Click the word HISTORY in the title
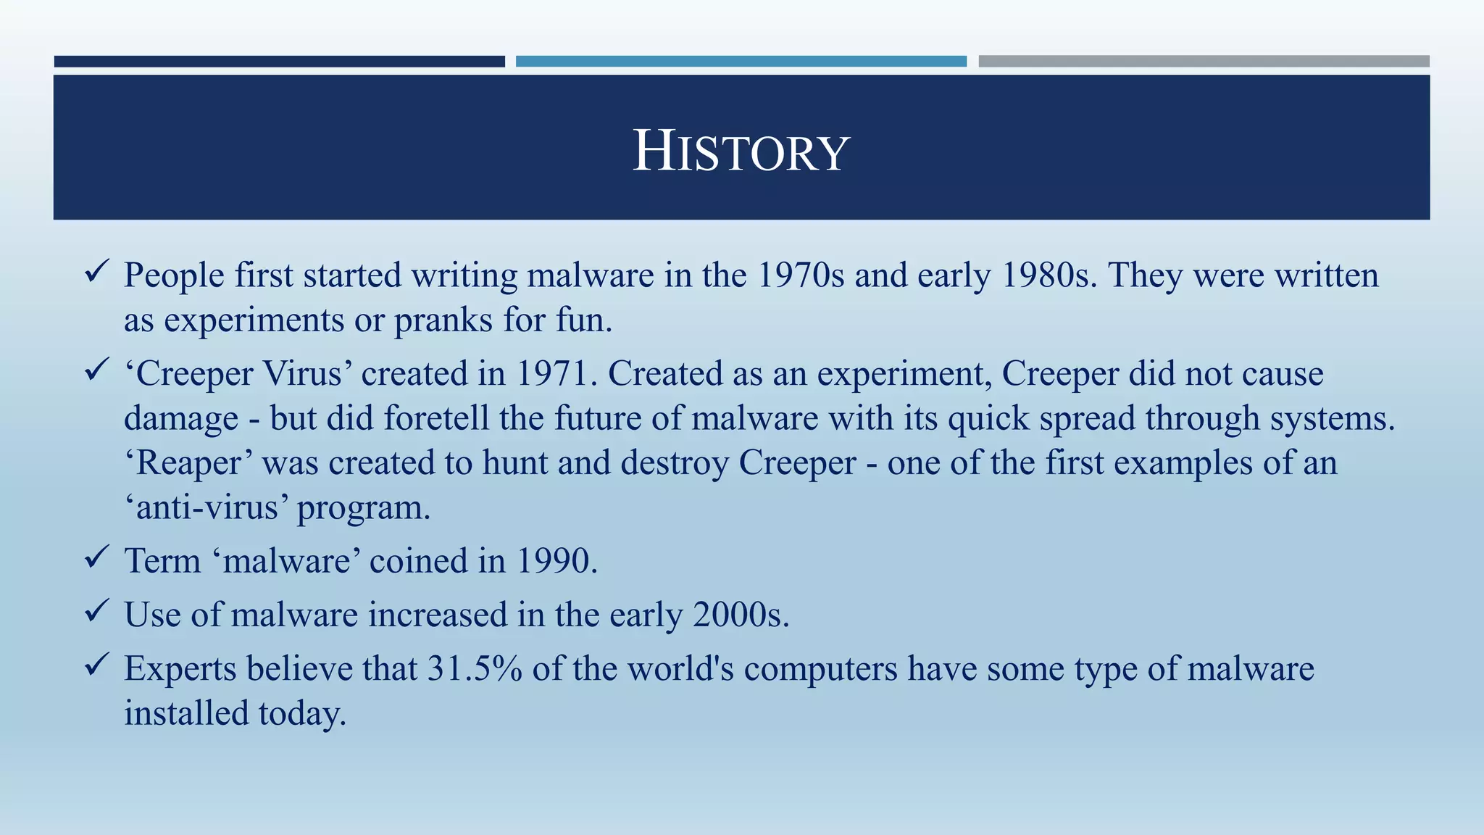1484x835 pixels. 741,151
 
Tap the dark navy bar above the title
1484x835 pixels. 279,62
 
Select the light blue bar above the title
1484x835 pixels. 741,62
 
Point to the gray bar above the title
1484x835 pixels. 1204,62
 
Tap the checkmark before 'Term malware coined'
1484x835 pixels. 96,558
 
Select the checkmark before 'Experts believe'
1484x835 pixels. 96,665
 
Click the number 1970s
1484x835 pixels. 801,275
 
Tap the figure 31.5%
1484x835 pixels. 475,668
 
